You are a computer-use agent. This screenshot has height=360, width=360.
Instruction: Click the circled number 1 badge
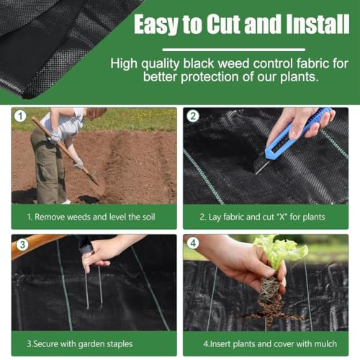tap(20, 116)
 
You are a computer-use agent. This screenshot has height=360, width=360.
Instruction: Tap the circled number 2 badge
tap(193, 116)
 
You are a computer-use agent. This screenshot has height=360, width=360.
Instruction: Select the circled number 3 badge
tap(22, 245)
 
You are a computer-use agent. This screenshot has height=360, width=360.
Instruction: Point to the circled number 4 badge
tap(193, 243)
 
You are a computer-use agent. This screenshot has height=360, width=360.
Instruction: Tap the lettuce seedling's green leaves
tap(282, 251)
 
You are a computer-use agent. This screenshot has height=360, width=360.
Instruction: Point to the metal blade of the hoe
tap(93, 177)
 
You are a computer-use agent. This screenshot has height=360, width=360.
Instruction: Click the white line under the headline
tap(234, 50)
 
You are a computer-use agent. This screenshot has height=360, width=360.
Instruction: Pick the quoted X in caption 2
tap(282, 216)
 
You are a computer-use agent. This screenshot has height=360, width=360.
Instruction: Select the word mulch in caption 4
tap(325, 344)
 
